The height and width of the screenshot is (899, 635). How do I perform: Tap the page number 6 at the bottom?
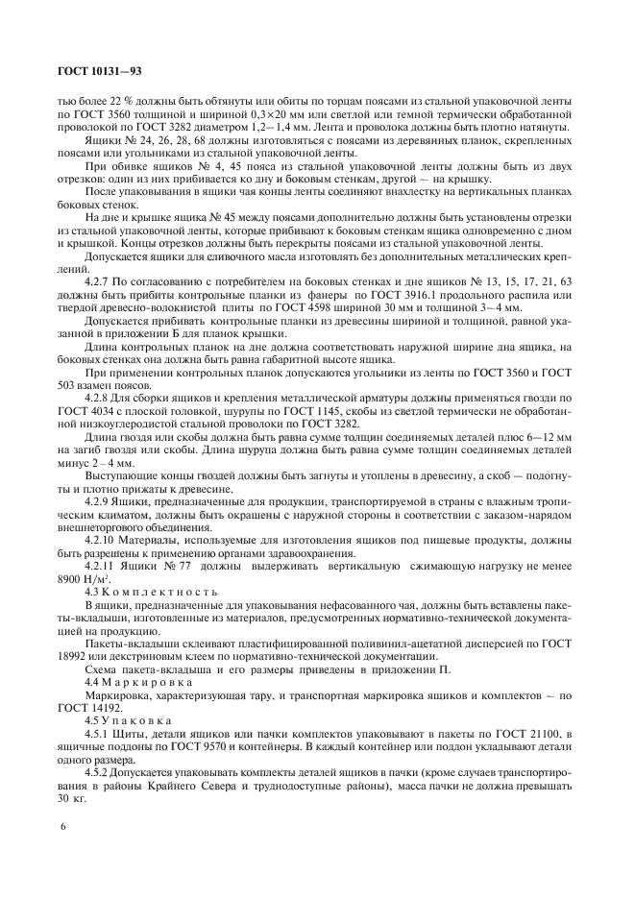pyautogui.click(x=61, y=826)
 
